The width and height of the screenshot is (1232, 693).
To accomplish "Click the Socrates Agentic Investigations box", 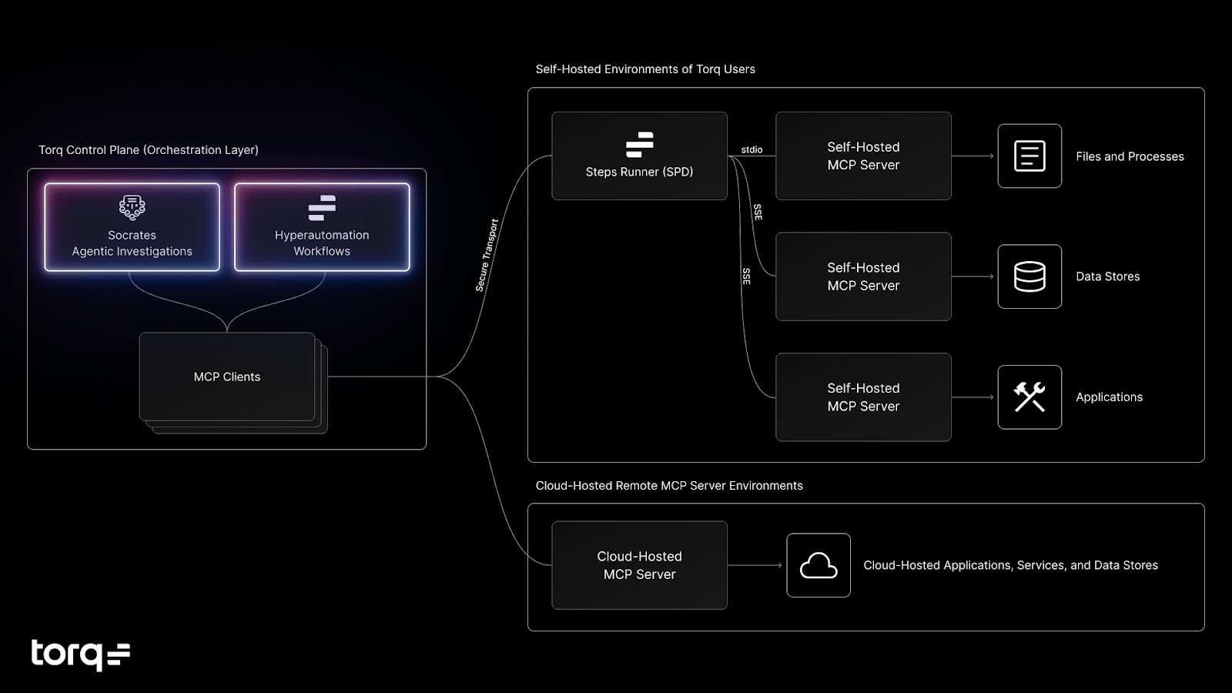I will click(x=132, y=227).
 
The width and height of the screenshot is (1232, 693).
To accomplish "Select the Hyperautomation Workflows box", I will click(x=322, y=227).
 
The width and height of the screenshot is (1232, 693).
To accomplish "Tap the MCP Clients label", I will click(x=227, y=377).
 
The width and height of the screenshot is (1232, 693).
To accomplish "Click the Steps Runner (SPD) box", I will click(x=639, y=156).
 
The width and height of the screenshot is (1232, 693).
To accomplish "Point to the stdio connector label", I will click(x=752, y=149).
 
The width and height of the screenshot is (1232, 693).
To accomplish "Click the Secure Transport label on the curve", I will click(x=487, y=255).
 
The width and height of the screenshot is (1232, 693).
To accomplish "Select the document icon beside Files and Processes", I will click(x=1029, y=156).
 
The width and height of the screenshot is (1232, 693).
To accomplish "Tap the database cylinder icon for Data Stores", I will click(x=1029, y=276).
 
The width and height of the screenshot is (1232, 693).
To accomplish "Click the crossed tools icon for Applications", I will click(x=1029, y=397).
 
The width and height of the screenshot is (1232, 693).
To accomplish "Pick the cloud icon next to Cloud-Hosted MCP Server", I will click(x=819, y=565).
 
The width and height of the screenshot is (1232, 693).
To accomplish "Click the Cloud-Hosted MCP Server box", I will click(x=639, y=565).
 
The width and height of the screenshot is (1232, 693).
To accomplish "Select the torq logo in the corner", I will click(x=80, y=654).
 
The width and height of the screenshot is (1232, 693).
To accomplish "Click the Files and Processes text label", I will click(x=1130, y=156).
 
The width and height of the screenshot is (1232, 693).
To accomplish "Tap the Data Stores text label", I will click(x=1107, y=276).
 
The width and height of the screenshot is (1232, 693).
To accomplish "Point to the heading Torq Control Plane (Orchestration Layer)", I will click(x=149, y=150).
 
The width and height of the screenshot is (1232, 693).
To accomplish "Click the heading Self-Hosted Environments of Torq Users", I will click(x=645, y=69).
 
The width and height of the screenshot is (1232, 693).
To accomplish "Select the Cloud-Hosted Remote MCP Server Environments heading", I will click(x=669, y=486).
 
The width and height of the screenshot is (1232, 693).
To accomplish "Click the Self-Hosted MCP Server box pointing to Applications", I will click(x=863, y=397).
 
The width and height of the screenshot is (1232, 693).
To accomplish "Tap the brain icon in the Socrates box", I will click(x=132, y=206).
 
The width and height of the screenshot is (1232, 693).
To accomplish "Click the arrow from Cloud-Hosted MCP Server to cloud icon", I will click(x=755, y=565).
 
